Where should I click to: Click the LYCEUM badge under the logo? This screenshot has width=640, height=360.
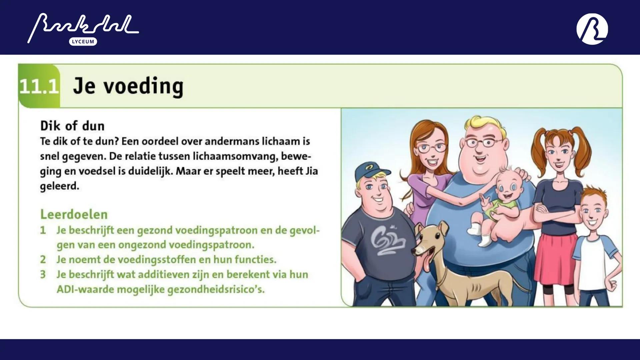point(83,42)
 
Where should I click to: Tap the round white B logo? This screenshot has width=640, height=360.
point(592,29)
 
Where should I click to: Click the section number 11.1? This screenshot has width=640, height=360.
point(39,86)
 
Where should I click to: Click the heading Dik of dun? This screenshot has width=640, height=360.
point(72,126)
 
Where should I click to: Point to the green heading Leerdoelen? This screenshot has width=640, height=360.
point(74,214)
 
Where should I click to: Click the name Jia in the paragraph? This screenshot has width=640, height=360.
point(311,171)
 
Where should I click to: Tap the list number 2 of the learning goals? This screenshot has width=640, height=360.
point(43,259)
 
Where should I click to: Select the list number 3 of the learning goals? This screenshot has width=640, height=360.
point(43,274)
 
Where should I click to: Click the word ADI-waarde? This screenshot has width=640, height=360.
point(85,289)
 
